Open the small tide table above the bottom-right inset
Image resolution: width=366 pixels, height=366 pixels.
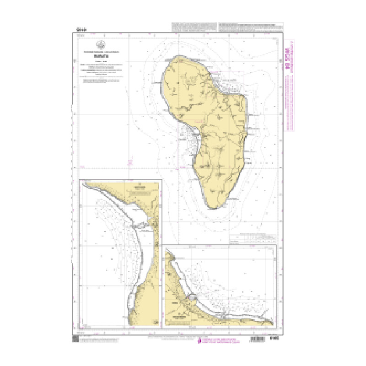[253, 239]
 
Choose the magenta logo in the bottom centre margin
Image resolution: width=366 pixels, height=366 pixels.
[199, 340]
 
